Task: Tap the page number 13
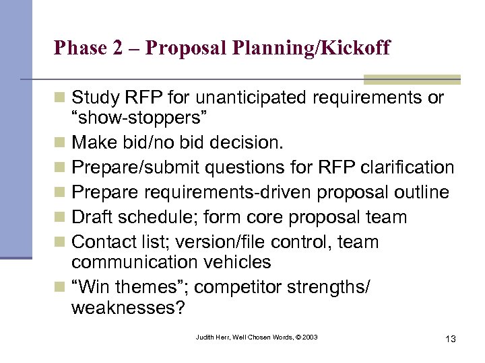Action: pos(450,339)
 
